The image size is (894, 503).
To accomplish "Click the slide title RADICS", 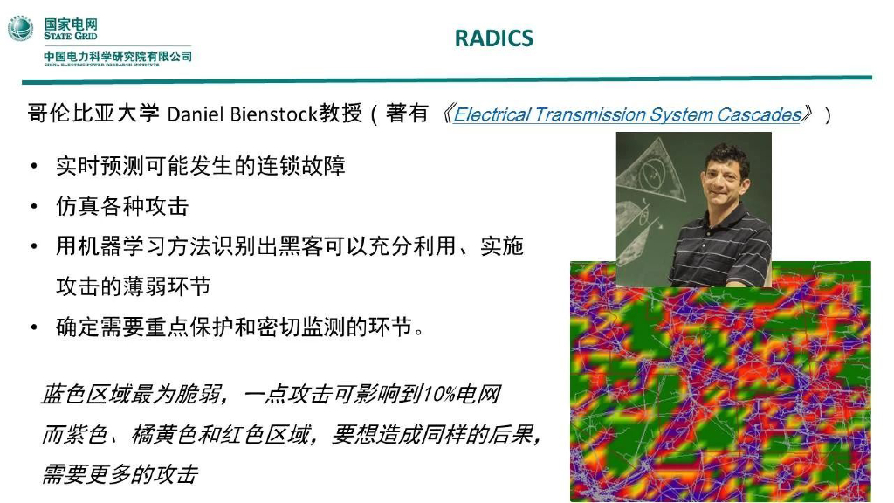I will (x=493, y=38).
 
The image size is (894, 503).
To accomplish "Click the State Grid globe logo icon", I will (x=21, y=28).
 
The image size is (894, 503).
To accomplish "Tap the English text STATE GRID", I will (x=71, y=37).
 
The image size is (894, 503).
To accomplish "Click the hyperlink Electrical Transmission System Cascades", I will (x=627, y=114).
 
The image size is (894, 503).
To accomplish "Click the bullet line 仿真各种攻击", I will (x=122, y=206).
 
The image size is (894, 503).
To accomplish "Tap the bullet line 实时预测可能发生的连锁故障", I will (x=201, y=166).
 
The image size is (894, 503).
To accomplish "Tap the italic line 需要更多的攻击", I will (x=120, y=474).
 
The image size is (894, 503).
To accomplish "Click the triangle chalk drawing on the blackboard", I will (x=650, y=170).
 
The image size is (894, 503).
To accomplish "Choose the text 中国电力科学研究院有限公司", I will (x=118, y=57).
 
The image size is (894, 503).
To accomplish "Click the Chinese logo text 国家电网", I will (x=71, y=23).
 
